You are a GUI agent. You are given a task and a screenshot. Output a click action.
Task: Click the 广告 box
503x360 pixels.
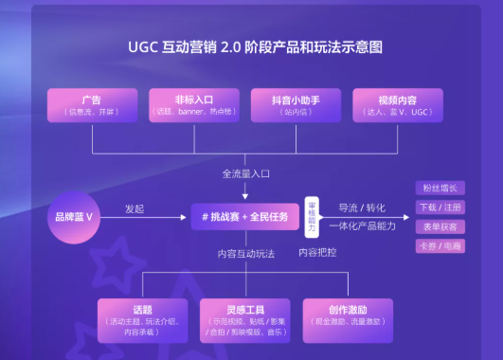92,105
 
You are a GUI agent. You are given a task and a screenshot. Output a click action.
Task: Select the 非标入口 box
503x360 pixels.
194,105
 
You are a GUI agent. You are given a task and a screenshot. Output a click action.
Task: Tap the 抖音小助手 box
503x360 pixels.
295,105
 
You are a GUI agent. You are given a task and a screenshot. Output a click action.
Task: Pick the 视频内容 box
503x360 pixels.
397,105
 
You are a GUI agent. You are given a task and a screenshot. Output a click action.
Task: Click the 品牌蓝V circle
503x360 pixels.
75,217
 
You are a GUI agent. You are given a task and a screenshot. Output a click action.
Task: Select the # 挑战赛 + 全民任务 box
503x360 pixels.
244,217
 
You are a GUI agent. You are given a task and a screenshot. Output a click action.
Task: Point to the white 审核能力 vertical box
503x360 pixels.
311,217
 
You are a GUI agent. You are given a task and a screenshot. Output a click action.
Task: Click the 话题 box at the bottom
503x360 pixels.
143,319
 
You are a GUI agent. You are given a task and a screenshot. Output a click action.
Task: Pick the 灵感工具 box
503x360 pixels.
244,319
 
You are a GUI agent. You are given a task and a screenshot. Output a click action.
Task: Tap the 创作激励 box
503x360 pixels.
347,319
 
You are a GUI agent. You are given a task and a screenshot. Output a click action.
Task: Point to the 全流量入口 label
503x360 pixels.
244,173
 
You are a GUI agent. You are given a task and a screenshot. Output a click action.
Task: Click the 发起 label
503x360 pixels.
135,208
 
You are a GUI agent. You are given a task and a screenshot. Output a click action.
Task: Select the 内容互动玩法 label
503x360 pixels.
244,253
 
